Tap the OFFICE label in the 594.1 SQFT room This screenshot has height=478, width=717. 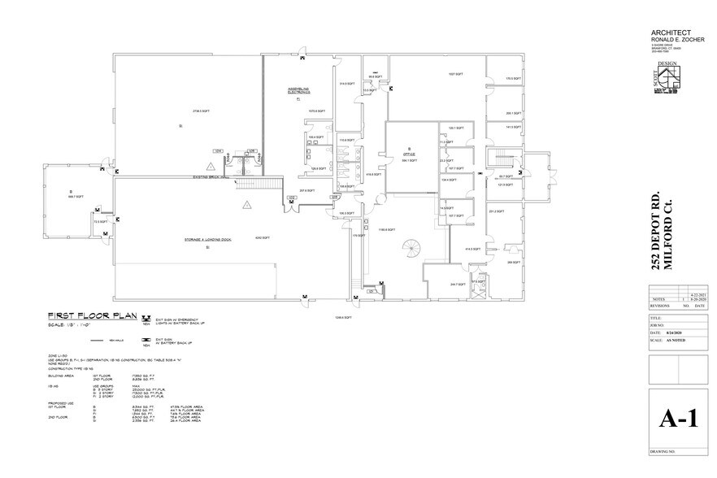click(410, 152)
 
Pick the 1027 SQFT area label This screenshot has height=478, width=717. click(455, 75)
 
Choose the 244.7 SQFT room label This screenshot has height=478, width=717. click(458, 285)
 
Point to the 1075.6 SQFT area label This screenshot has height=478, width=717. click(317, 111)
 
